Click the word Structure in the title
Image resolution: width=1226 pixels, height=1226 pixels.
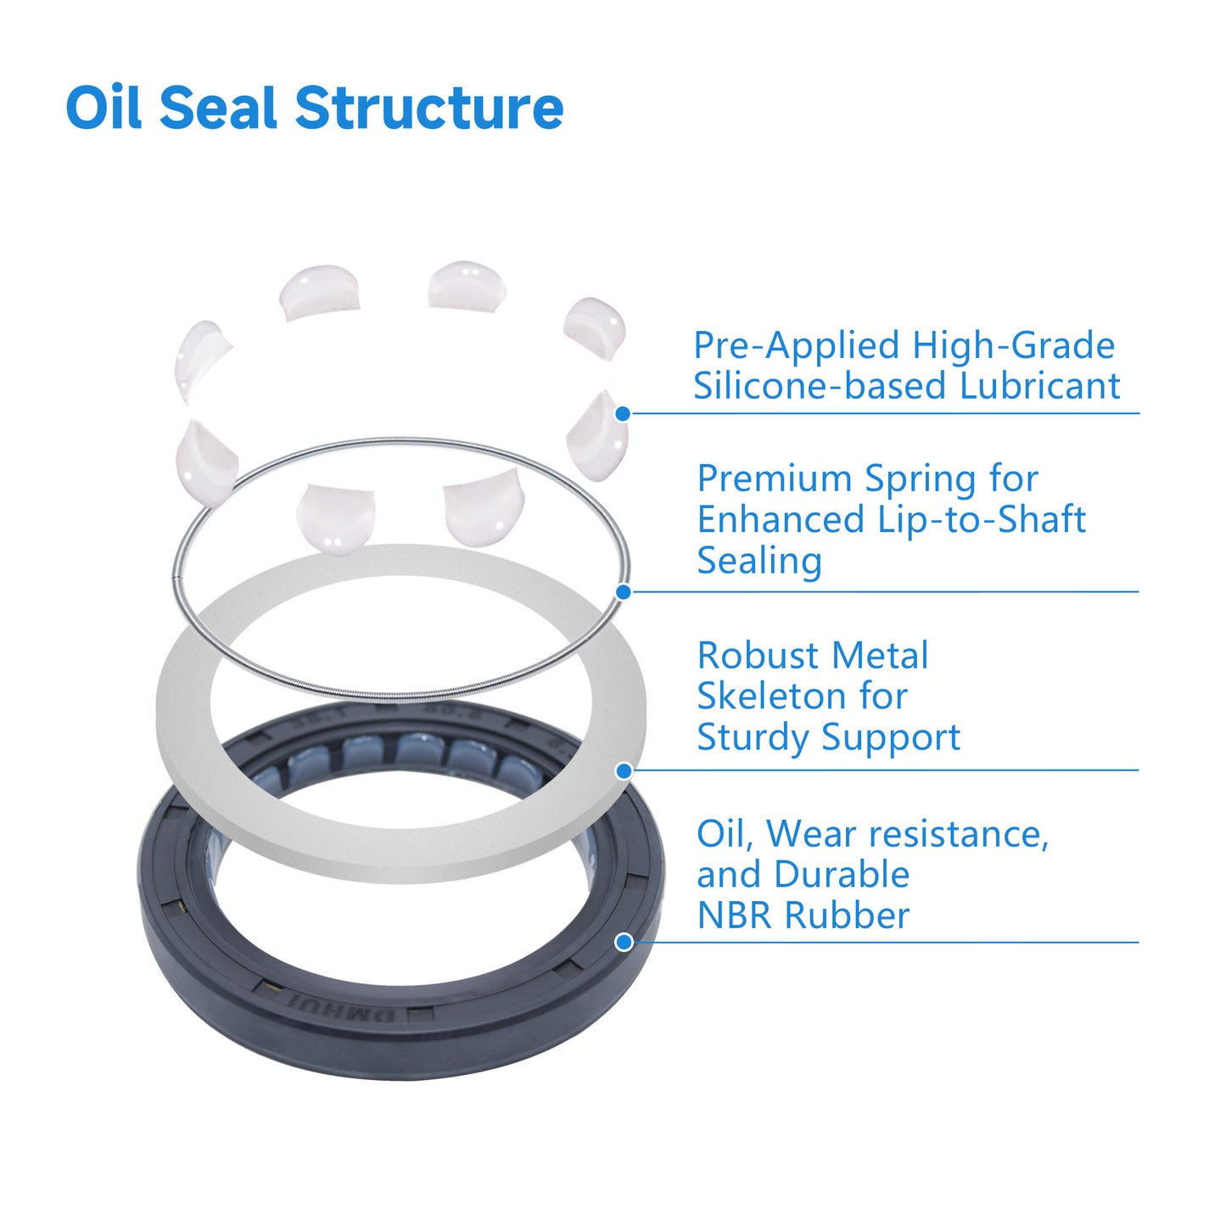point(428,109)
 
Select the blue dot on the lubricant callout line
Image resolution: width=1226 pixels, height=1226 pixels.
point(623,414)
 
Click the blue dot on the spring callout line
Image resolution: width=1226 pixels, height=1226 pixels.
point(623,592)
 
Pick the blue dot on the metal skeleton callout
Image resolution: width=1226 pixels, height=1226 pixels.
point(624,771)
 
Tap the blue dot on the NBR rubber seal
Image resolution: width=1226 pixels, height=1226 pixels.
point(624,942)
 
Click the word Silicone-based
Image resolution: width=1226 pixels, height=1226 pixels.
point(820,386)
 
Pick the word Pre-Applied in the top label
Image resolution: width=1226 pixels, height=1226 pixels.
point(796,345)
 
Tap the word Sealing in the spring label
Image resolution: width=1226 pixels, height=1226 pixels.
point(759,561)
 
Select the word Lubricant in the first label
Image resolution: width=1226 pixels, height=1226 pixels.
point(1039,386)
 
